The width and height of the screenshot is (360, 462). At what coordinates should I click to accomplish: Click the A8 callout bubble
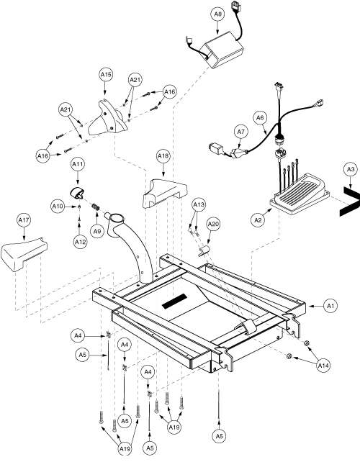(x=217, y=14)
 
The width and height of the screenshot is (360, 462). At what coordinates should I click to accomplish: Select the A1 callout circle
(x=330, y=306)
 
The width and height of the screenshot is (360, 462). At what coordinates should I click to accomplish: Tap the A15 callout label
(x=106, y=75)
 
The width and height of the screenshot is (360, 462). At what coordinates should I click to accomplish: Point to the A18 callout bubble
(x=163, y=156)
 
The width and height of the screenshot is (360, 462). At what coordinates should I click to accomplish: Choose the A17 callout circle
(x=24, y=220)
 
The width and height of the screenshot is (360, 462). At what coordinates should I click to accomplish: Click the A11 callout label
(x=78, y=164)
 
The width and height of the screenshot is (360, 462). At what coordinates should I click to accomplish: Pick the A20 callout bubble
(x=212, y=225)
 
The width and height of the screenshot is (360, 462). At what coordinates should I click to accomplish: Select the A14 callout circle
(x=323, y=366)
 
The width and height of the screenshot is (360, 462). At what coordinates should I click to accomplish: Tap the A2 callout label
(x=258, y=219)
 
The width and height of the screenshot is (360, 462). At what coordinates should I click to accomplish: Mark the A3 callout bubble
(x=350, y=169)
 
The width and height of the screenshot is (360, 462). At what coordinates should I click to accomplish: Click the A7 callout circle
(x=241, y=132)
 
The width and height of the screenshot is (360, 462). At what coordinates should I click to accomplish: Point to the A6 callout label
(x=260, y=118)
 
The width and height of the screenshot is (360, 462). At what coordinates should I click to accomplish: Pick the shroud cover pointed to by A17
(x=24, y=254)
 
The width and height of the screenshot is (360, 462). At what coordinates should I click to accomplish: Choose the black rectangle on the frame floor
(x=175, y=302)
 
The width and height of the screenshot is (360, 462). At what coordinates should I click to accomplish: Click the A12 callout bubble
(x=80, y=242)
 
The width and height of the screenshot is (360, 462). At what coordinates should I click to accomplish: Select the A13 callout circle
(x=199, y=204)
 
